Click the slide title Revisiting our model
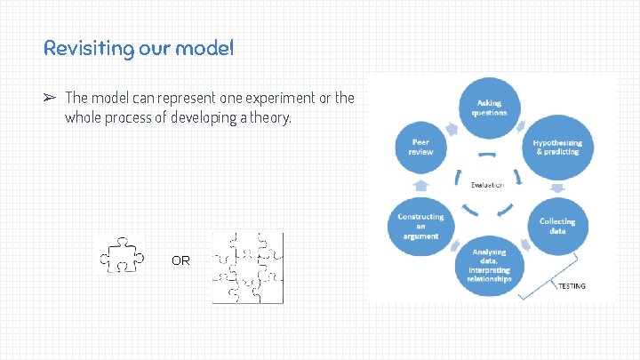click(x=139, y=48)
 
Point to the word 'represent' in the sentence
click(x=182, y=98)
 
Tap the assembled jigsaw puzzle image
click(x=247, y=268)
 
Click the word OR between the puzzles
click(x=180, y=261)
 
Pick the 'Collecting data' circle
click(x=556, y=226)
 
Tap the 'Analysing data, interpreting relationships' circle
click(x=490, y=266)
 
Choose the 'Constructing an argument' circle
click(x=420, y=226)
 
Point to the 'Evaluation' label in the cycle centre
click(x=487, y=185)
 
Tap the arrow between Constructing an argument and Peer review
click(x=421, y=187)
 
